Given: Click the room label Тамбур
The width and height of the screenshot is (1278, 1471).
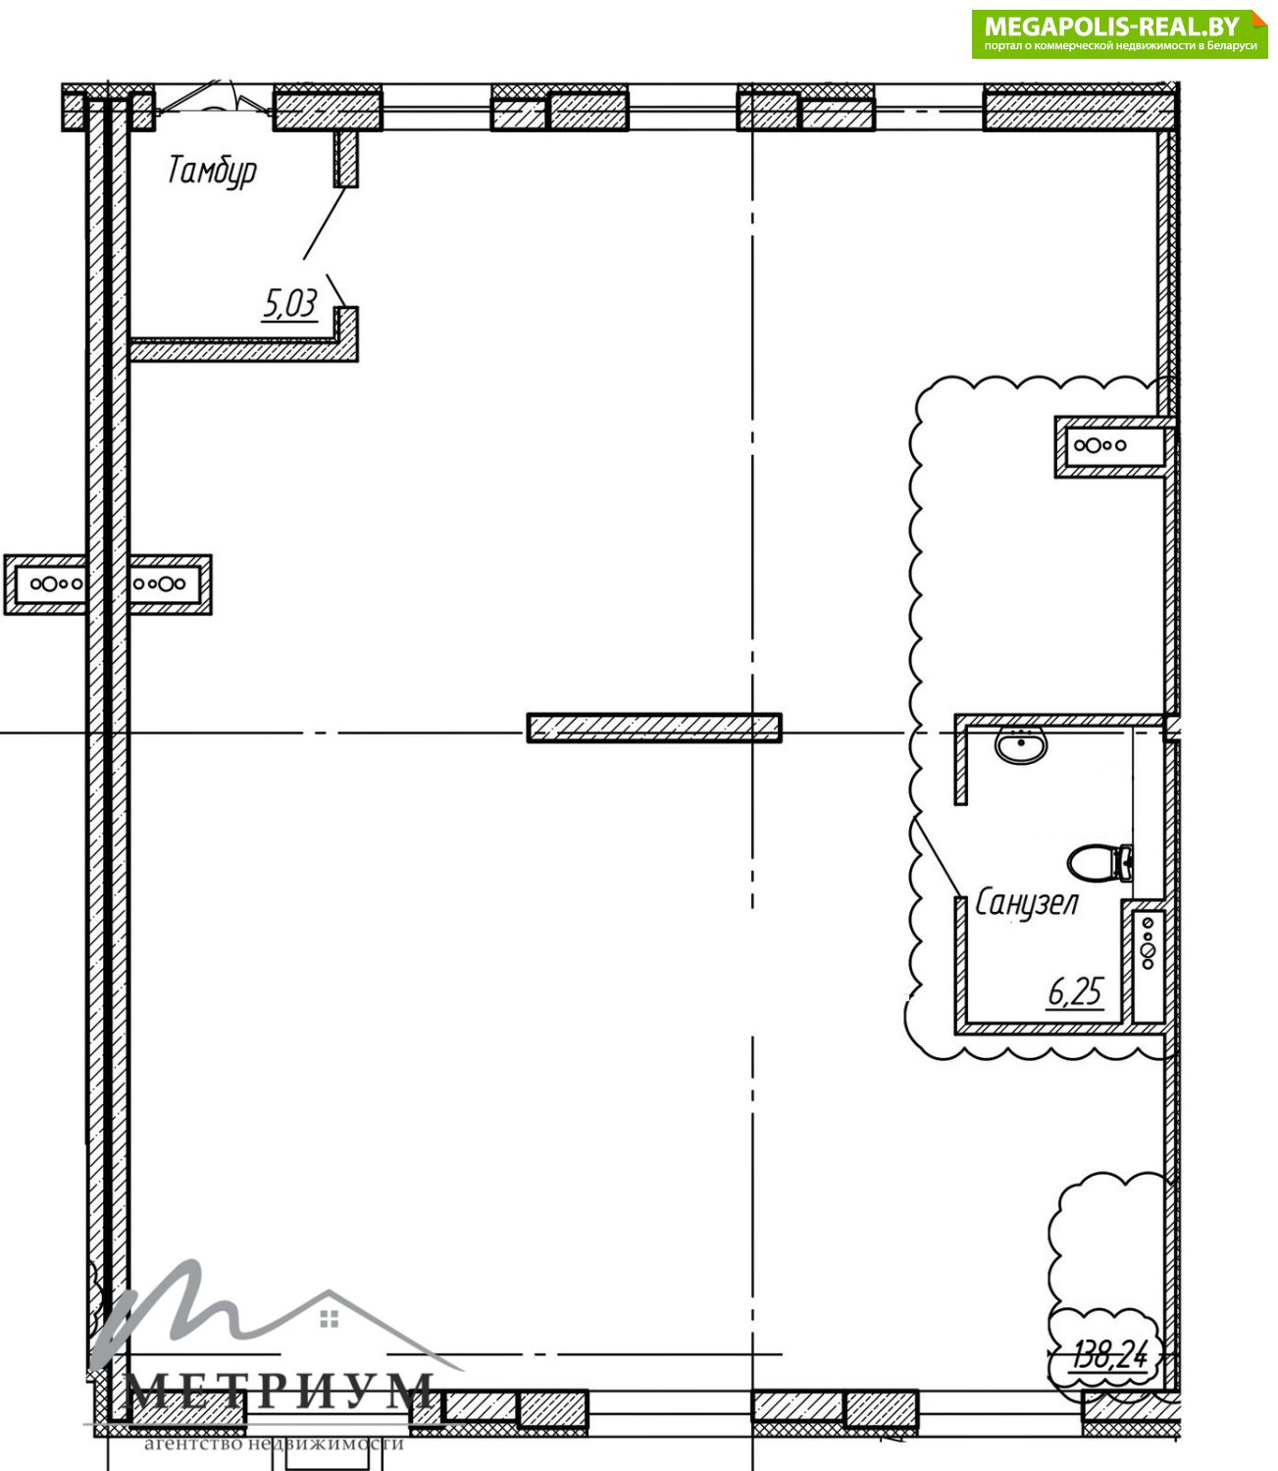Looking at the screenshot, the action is tap(212, 172).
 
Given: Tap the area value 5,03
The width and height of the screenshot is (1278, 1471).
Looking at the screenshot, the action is tap(289, 303).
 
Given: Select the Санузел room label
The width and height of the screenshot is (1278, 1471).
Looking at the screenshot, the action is tap(1027, 904).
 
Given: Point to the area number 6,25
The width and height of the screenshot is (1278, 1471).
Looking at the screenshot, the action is tap(1075, 992).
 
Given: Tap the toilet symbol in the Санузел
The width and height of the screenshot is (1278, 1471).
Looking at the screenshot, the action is tap(1099, 863).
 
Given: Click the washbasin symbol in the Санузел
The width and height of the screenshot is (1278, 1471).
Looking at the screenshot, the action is tap(1021, 745).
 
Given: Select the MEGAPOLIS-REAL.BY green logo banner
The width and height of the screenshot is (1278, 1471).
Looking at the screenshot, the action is tap(1119, 33).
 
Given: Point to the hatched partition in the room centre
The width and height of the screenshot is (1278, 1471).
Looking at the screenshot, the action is tap(654, 728).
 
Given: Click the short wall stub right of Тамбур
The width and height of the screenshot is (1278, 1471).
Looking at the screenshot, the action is tap(345, 159).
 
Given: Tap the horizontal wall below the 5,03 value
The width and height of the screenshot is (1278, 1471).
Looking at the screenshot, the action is tap(243, 350).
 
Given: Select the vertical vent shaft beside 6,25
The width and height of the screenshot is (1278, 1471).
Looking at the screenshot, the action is tap(1148, 961).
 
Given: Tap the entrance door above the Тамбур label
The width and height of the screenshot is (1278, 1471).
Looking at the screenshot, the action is tap(214, 102).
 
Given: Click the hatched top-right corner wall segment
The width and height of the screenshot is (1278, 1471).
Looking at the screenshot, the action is tap(1080, 108).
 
